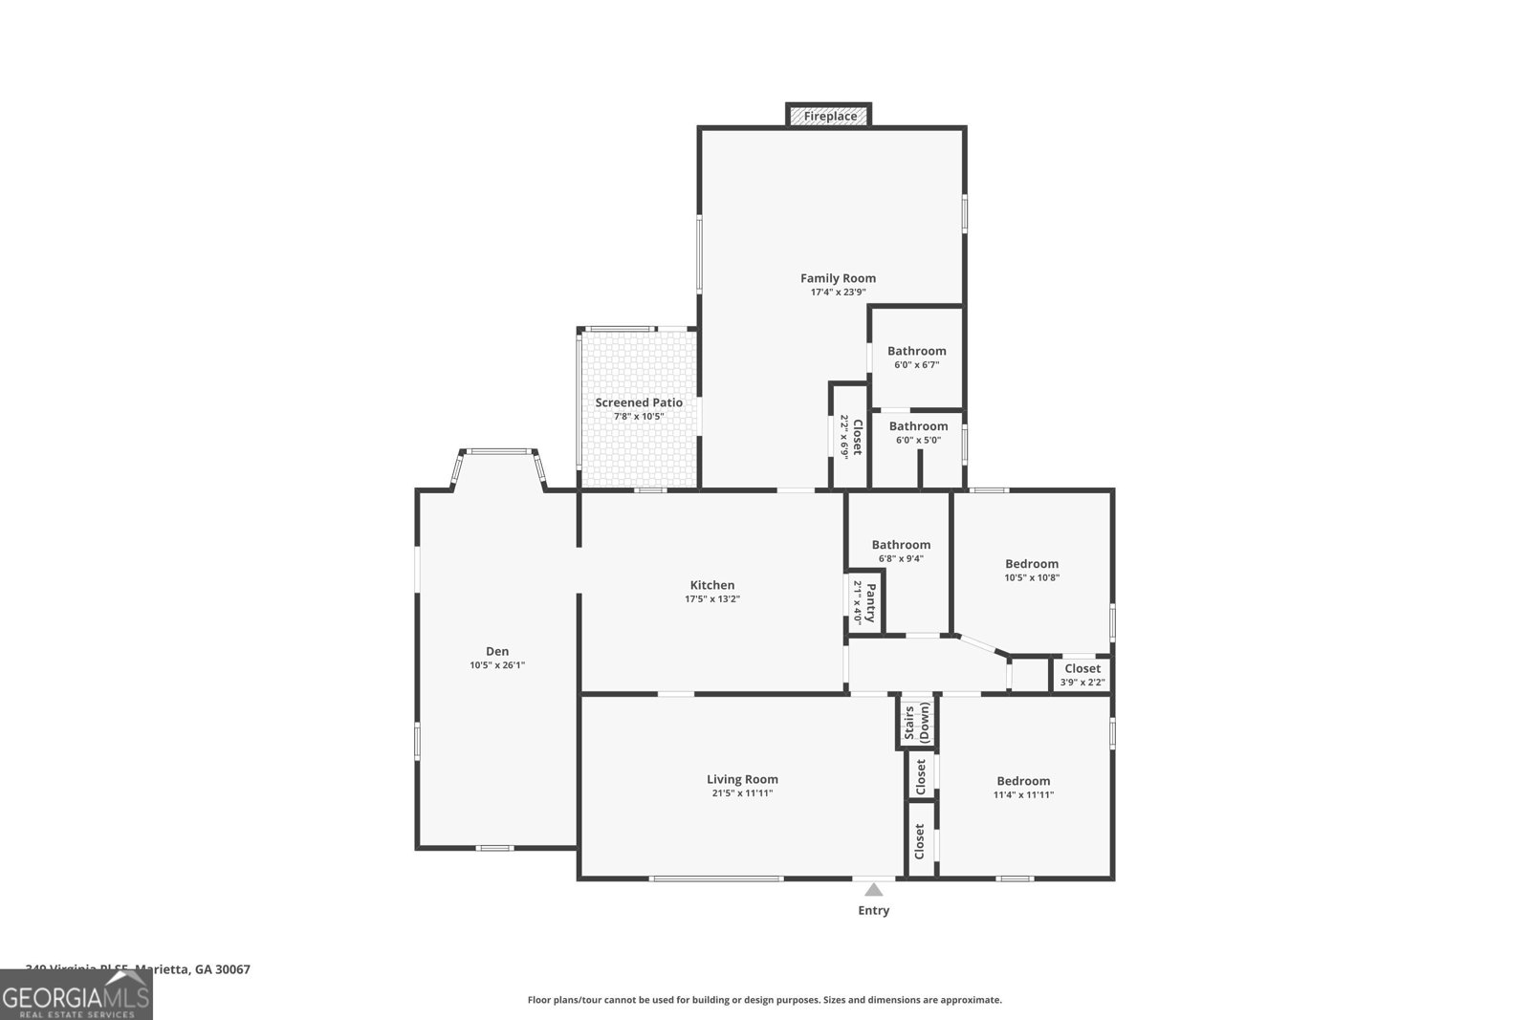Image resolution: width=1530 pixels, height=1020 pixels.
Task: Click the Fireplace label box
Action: point(829,116)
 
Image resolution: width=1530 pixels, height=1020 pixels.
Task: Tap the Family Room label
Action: point(838,278)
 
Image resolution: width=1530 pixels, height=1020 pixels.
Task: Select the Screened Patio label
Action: point(639,402)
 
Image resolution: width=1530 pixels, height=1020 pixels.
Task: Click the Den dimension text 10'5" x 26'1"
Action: point(497,665)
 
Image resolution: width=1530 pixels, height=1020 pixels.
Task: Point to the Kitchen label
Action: point(712,585)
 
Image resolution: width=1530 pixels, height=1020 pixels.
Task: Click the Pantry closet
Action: point(864,602)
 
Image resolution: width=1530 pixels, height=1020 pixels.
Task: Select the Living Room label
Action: point(742,779)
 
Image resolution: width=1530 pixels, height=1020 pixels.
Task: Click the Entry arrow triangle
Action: point(873,889)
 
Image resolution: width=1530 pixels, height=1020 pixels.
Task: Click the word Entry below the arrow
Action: point(873,911)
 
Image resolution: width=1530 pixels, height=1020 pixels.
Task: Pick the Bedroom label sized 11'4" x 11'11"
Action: point(1023,781)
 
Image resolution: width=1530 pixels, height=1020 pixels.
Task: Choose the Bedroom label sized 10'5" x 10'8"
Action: point(1032,564)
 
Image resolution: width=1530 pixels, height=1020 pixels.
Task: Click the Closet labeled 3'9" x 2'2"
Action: point(1082,674)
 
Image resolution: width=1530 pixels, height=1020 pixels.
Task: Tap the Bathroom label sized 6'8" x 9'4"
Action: point(901,545)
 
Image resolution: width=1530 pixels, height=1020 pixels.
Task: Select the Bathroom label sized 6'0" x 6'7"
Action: point(916,351)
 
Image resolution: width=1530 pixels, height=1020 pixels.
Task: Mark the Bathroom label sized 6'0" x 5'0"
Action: point(918,426)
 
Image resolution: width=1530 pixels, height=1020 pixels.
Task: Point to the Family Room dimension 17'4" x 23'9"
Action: point(838,293)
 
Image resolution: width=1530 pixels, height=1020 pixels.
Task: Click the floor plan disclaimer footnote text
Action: point(764,1000)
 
